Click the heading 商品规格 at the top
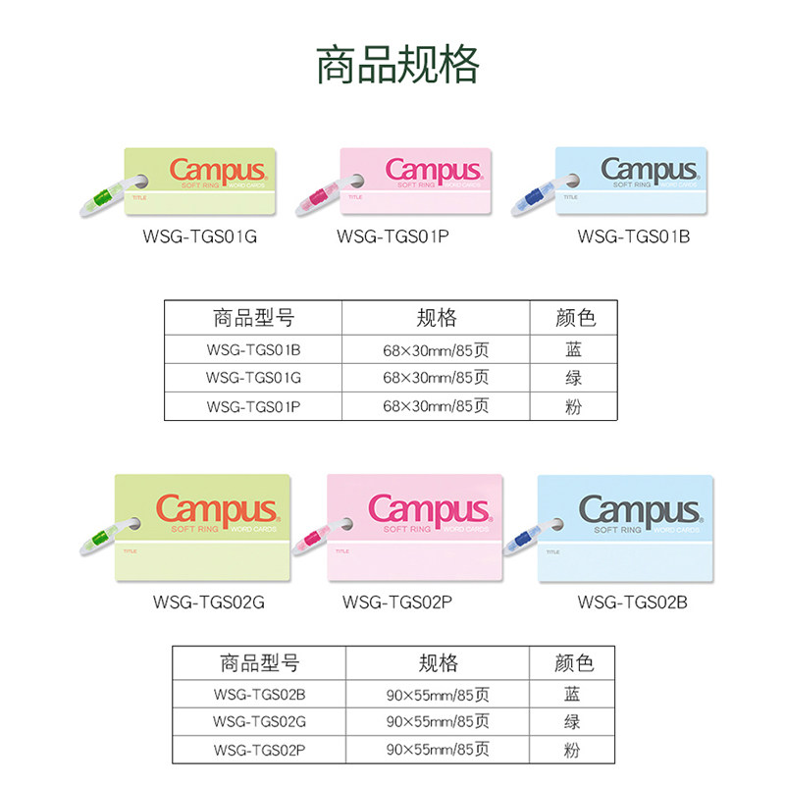[396, 64]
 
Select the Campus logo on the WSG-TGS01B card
[651, 170]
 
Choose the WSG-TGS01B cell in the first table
[253, 348]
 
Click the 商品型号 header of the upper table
[253, 318]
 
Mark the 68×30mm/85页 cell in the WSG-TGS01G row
[435, 377]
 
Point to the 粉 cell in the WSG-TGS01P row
[574, 405]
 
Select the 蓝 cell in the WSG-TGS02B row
[571, 695]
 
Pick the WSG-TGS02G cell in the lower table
[259, 722]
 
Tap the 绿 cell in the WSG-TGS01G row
[574, 377]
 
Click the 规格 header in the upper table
[436, 318]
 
